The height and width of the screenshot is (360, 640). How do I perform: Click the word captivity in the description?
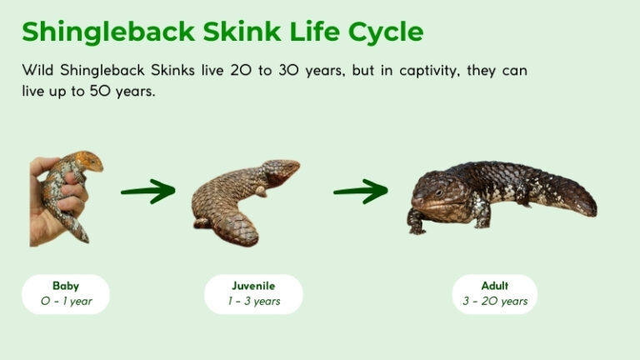[418, 71]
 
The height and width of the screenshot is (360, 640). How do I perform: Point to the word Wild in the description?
[37, 71]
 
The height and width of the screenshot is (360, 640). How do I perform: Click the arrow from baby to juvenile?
[147, 192]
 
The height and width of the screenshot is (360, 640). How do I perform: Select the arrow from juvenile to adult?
[360, 192]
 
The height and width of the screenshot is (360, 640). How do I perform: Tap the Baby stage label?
[66, 286]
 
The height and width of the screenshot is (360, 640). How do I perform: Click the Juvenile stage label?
[253, 286]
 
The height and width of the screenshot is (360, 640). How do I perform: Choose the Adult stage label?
[495, 286]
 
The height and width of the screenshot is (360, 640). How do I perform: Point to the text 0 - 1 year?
[66, 301]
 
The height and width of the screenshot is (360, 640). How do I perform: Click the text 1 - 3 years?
[253, 301]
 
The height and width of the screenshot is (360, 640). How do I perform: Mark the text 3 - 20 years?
[495, 301]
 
